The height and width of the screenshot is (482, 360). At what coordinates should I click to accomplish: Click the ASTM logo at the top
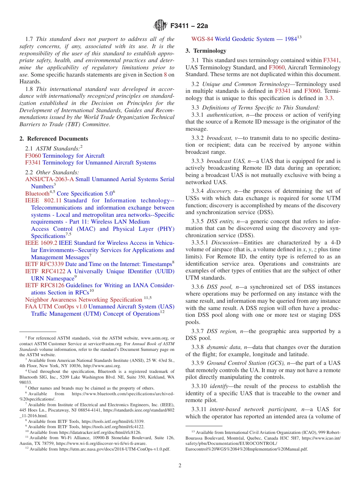tap(160, 26)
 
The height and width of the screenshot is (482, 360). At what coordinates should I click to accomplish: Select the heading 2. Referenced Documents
tap(54, 139)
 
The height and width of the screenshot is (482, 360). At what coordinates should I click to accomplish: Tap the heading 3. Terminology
tap(206, 51)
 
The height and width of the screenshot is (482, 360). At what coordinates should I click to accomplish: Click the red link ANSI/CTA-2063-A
tap(49, 179)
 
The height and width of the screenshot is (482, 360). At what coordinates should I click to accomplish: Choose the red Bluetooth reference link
tap(37, 194)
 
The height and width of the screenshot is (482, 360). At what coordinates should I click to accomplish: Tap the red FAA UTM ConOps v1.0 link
tap(56, 307)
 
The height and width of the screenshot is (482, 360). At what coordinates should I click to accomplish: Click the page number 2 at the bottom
tap(180, 465)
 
